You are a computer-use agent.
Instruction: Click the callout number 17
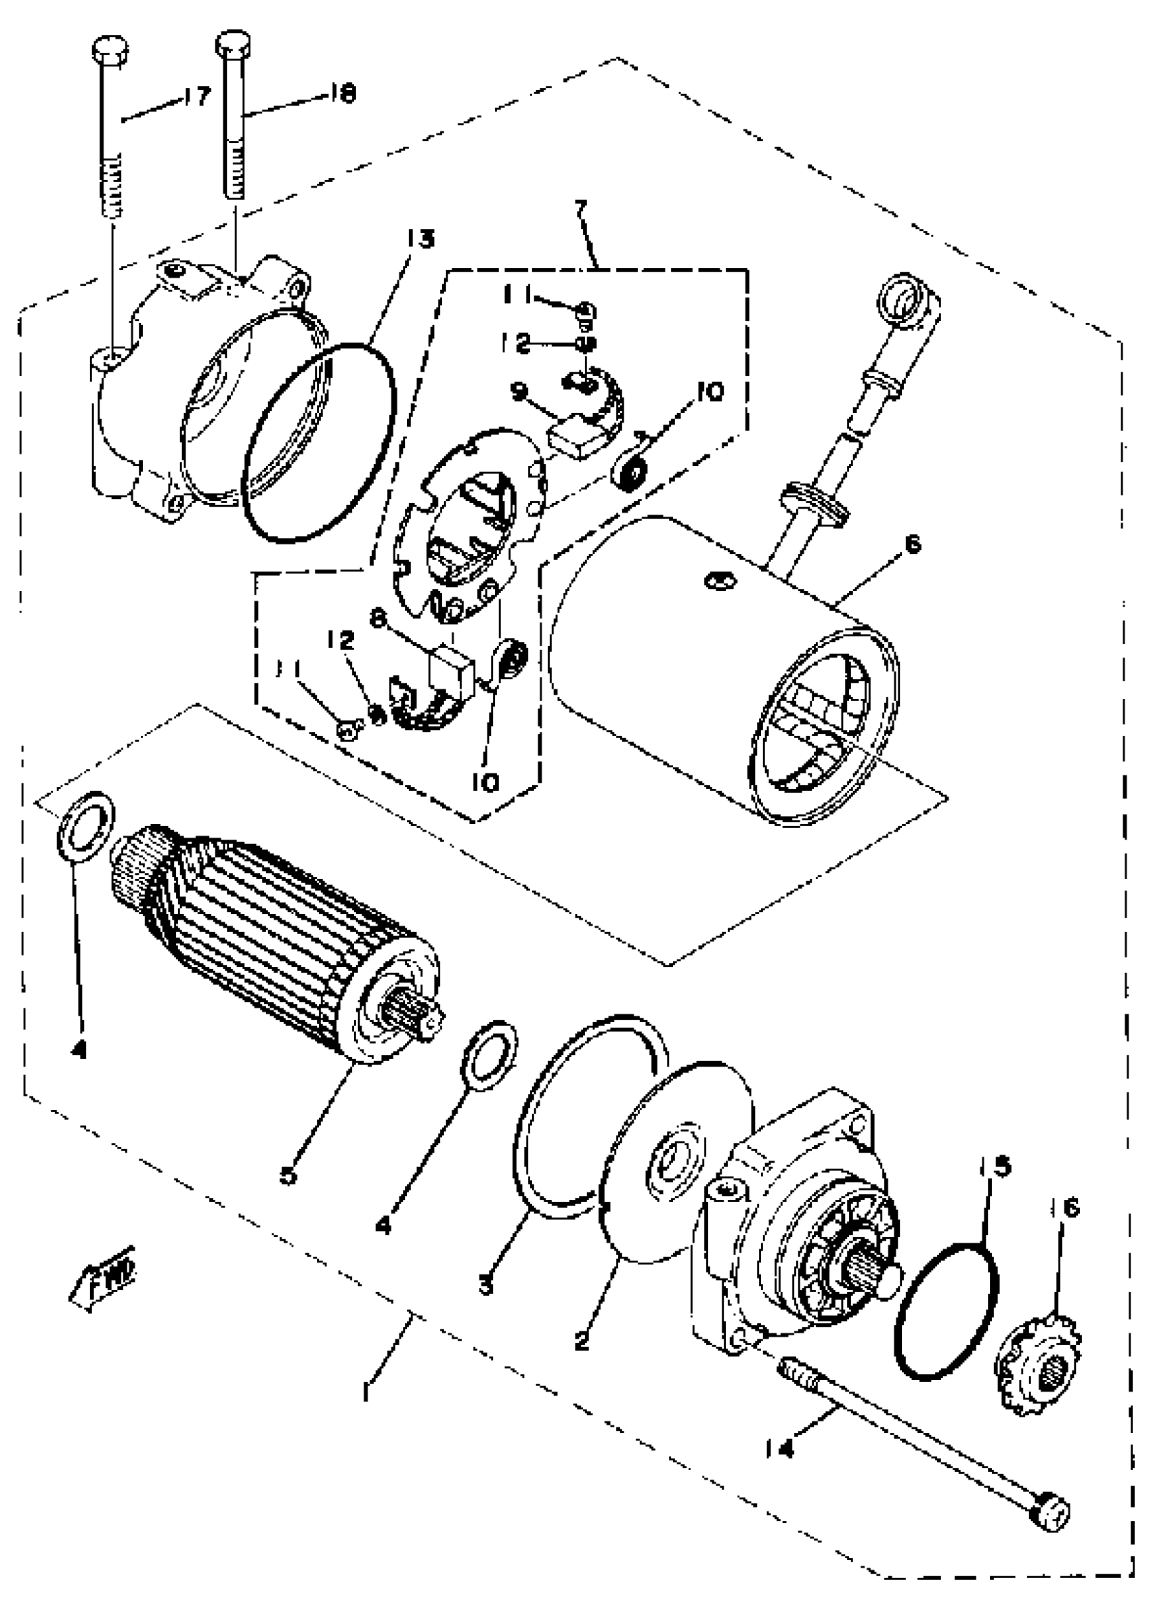coord(196,95)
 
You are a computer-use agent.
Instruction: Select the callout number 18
coord(343,93)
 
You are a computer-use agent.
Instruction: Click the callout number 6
coord(913,544)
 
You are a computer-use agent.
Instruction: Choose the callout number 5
coord(288,1176)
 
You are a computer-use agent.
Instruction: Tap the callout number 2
coord(582,1340)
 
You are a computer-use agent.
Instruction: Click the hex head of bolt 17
coord(110,50)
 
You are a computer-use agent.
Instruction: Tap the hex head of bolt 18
coord(232,43)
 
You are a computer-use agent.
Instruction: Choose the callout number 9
coord(519,390)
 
